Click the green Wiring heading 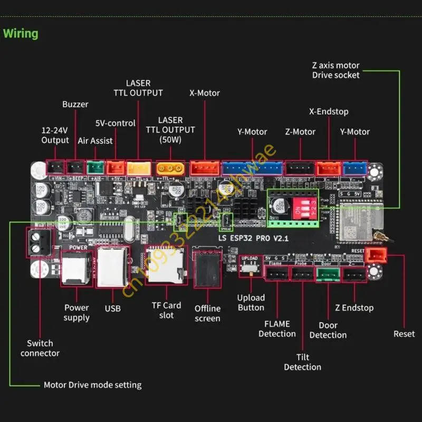pos(21,34)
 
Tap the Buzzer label pos(75,104)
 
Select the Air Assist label pos(94,141)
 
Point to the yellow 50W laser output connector pos(170,168)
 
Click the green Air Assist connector pos(95,167)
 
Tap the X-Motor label pos(205,93)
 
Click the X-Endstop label pos(328,112)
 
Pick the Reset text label pos(404,334)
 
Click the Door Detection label pos(328,330)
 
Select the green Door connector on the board pos(328,274)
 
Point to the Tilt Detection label pos(302,362)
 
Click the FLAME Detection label pos(277,329)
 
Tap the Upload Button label pos(251,302)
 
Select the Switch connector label pos(40,348)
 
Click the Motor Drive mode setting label pos(92,385)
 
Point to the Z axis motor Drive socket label pos(335,70)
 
